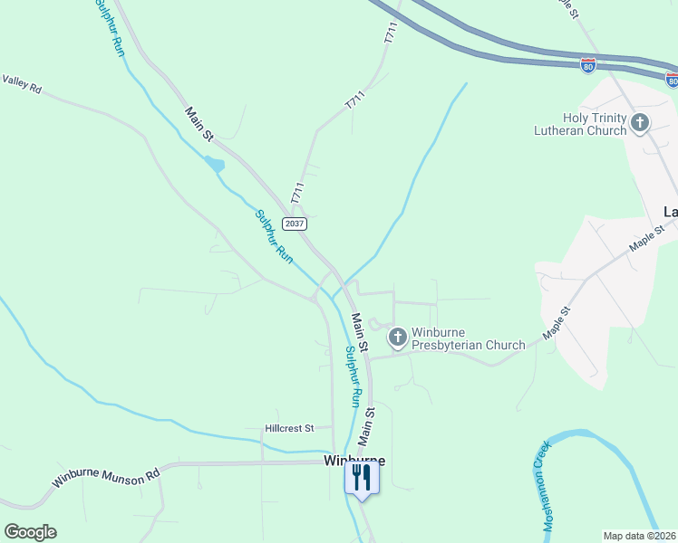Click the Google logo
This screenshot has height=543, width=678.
30,532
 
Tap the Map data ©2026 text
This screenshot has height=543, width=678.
640,536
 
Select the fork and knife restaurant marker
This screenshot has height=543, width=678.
362,479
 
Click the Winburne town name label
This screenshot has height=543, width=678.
354,461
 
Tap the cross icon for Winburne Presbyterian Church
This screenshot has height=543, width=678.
397,338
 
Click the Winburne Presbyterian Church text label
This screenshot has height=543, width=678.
469,338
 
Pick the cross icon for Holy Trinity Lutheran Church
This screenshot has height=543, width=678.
640,122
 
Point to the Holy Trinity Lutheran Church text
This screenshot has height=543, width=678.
581,124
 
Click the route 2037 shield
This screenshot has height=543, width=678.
295,224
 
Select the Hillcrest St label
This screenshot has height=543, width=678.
289,427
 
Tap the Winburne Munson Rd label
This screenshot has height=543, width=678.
105,477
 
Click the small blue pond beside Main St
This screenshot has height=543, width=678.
214,165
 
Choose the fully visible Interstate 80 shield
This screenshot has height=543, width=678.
588,65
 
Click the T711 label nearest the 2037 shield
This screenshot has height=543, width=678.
296,192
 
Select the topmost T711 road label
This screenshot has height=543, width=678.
391,34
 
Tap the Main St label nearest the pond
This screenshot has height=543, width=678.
199,124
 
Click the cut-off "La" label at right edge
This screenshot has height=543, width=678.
671,212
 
